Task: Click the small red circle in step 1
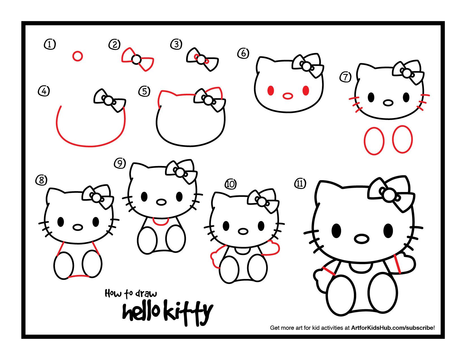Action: (x=77, y=56)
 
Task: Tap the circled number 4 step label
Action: (x=44, y=91)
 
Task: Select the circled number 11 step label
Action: (x=300, y=184)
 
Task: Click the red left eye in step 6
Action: (x=271, y=91)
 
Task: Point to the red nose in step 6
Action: (x=288, y=96)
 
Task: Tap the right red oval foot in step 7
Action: (x=402, y=139)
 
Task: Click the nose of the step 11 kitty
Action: (x=362, y=239)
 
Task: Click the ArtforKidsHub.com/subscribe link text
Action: (x=392, y=328)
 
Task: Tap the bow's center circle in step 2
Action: (x=136, y=60)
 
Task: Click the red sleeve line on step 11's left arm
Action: (x=328, y=271)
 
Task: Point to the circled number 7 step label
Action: (x=345, y=77)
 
